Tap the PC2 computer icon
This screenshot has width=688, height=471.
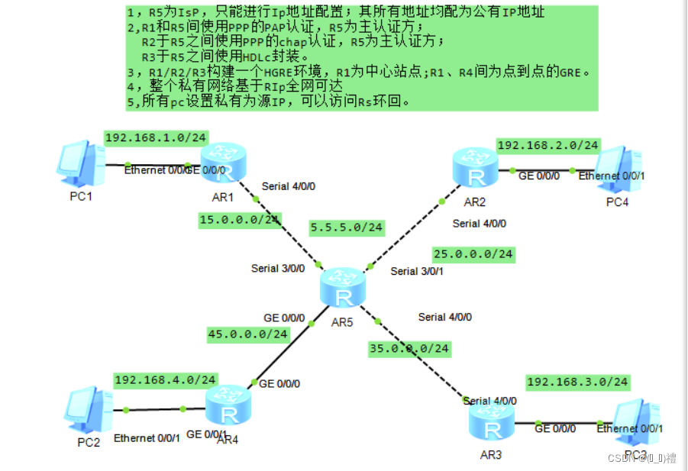click(89, 410)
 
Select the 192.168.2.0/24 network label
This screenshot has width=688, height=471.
click(548, 145)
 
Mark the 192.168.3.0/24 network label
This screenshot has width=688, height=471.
click(577, 381)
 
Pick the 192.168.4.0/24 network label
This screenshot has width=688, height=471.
click(166, 379)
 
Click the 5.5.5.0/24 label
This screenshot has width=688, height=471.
click(347, 227)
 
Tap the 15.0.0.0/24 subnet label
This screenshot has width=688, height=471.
click(239, 220)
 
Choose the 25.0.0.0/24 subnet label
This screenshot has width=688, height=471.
click(473, 253)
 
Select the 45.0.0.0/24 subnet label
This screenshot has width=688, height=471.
click(247, 334)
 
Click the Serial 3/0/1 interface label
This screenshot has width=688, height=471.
click(415, 271)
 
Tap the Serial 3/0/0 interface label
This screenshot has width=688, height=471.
click(278, 268)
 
